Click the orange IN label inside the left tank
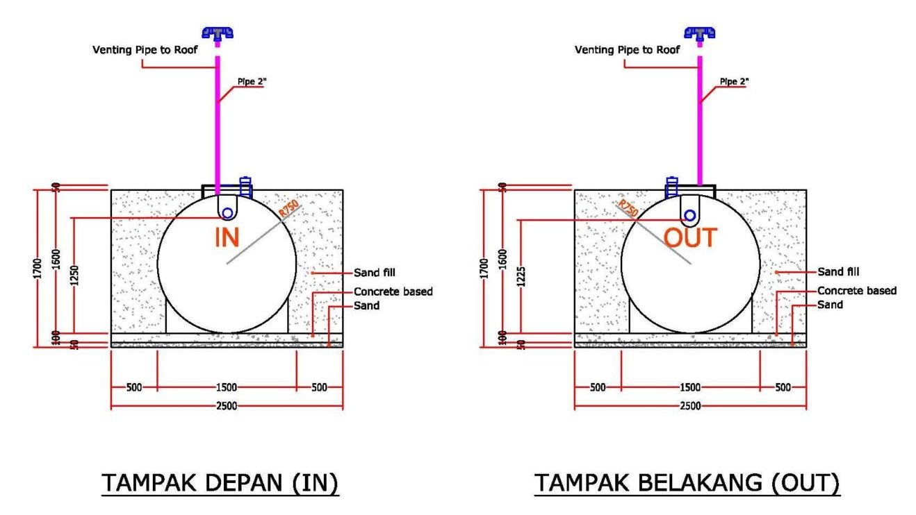(x=227, y=237)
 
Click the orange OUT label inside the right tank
(x=689, y=238)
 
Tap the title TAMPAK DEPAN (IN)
(x=220, y=483)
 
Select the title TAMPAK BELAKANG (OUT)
(x=687, y=483)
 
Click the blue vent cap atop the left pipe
(x=218, y=32)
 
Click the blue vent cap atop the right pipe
(x=700, y=32)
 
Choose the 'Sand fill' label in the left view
(x=375, y=272)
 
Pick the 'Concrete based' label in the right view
(x=857, y=291)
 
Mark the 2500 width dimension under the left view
(x=227, y=405)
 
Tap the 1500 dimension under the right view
(x=689, y=387)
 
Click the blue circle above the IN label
(x=227, y=213)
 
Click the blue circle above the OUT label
(x=689, y=215)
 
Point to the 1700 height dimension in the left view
(x=40, y=267)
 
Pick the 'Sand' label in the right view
(x=830, y=305)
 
